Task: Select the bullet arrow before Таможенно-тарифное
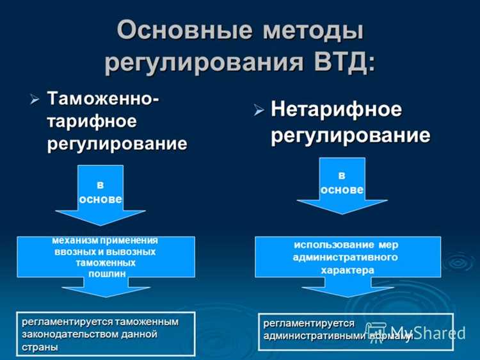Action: [x=35, y=100]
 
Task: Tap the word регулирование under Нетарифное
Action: [x=350, y=135]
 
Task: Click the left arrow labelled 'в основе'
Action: [x=100, y=193]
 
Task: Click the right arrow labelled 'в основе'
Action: [x=341, y=186]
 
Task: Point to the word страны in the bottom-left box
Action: [x=40, y=347]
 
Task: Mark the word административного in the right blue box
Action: [x=345, y=258]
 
